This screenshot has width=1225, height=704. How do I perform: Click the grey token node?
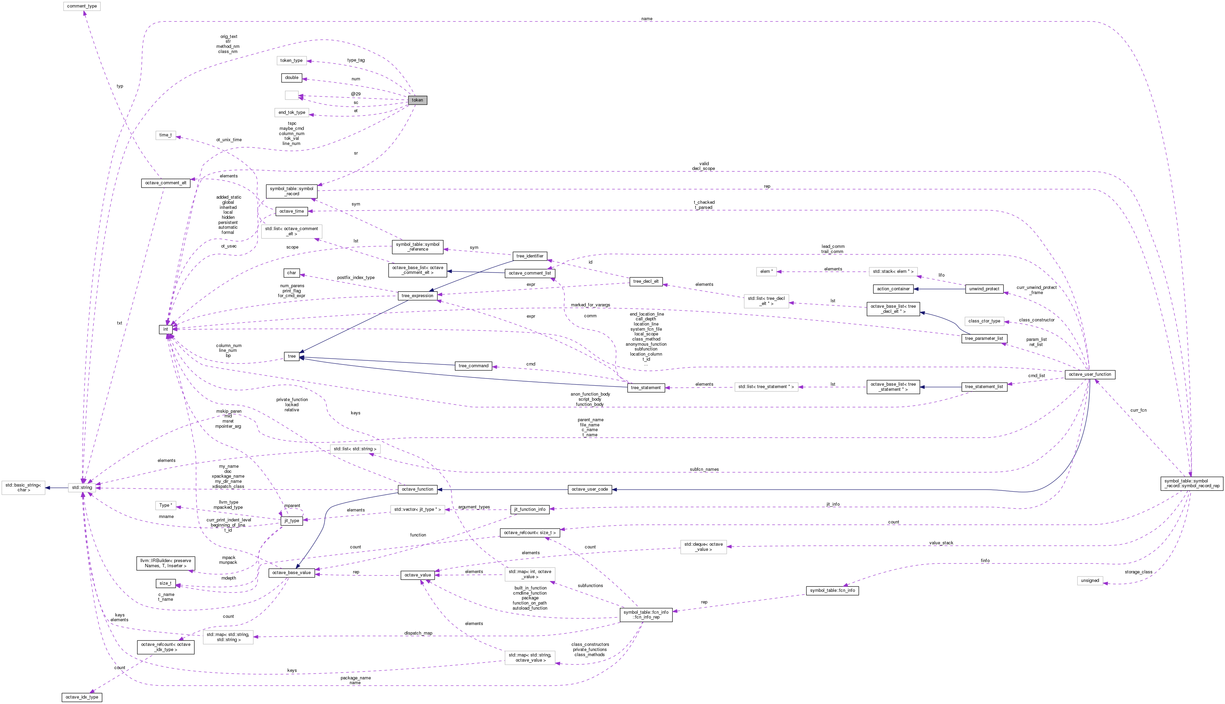417,100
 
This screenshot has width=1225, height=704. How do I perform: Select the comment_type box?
82,6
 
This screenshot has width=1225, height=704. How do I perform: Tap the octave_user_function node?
1090,374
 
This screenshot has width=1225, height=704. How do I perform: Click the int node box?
165,329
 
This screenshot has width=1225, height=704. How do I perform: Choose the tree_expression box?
418,295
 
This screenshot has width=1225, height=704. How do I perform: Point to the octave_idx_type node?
82,697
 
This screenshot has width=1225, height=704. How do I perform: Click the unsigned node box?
1090,580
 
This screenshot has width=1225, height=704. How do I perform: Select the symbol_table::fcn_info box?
832,590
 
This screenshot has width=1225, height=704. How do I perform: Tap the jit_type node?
292,521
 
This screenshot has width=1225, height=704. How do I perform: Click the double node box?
291,77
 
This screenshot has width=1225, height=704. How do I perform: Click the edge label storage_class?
1138,572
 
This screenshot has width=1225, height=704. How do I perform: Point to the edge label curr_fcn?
1138,410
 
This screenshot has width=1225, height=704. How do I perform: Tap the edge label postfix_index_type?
356,278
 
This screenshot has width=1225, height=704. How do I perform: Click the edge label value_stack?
941,543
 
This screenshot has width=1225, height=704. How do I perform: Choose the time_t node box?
165,135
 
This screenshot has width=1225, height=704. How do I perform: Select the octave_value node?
418,575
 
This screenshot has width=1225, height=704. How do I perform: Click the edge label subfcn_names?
704,469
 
